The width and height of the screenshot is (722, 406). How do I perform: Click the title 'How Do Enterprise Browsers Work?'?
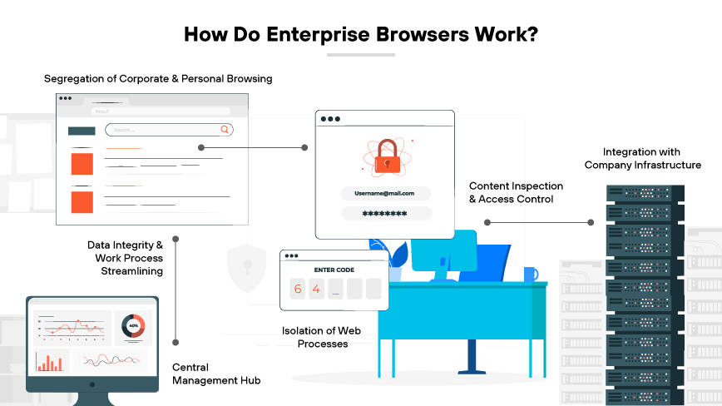point(360,35)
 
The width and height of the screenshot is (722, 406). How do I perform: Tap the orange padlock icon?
point(384,156)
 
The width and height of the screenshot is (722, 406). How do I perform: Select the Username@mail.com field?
point(385,193)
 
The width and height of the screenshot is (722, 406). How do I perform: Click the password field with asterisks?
point(385,214)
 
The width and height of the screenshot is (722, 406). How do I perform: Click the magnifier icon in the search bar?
point(224,130)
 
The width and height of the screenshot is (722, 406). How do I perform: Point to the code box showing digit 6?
point(297,290)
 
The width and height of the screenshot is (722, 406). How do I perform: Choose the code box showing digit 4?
point(316,290)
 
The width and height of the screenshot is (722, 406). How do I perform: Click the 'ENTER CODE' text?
point(334,270)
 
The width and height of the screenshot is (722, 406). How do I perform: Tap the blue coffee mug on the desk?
point(530,274)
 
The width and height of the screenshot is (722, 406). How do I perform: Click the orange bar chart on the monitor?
point(50,362)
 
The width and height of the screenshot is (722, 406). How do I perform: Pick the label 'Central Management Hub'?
point(216,374)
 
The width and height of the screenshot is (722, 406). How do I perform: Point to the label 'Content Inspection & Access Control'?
point(516,192)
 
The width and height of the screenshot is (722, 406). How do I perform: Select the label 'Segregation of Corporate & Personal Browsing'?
point(158,79)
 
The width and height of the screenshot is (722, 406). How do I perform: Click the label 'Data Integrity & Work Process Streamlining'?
point(126,258)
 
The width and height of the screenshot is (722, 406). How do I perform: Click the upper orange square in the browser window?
point(82,163)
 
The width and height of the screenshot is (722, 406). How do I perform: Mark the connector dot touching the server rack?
point(591,222)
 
